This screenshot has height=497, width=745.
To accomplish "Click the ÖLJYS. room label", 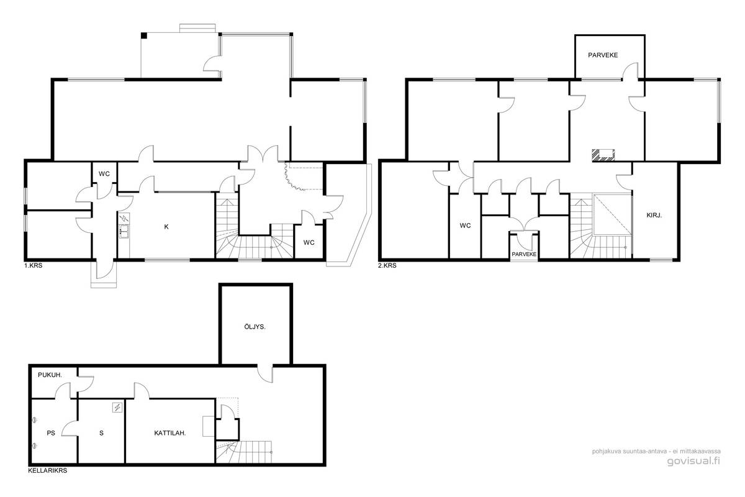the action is tap(255, 327).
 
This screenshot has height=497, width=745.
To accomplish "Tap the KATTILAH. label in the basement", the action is tap(169, 433).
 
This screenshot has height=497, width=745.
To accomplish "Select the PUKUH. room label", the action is tap(50, 375).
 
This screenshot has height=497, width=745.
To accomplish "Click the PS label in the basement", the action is tap(50, 433).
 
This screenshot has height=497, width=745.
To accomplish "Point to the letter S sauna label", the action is tap(101, 433).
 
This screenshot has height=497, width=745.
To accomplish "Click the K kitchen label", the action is tap(166, 227).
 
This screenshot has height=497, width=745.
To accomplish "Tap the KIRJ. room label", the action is tap(654, 216).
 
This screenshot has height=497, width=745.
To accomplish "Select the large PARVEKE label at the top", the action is tap(603, 55).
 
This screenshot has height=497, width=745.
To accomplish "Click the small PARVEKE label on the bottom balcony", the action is tap(524, 254).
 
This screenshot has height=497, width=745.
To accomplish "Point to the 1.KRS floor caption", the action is tap(34, 266).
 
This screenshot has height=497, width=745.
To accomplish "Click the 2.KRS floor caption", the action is tap(387, 266).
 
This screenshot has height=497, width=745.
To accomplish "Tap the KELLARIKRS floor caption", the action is tap(48, 471).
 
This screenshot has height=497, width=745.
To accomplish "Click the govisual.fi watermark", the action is tap(693, 461).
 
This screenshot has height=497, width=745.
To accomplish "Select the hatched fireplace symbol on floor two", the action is tap(603, 155).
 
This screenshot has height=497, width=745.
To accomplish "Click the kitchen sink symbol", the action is tap(124, 231).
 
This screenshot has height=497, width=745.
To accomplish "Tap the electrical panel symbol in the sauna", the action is tap(117, 407).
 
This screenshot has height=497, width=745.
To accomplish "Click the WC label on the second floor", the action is tap(465, 226).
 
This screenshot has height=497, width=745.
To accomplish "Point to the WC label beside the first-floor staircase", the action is tap(309, 243).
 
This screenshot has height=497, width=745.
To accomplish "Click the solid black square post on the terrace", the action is tap(143, 35).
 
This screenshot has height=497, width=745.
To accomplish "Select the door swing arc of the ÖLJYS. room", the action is tap(265, 378).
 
